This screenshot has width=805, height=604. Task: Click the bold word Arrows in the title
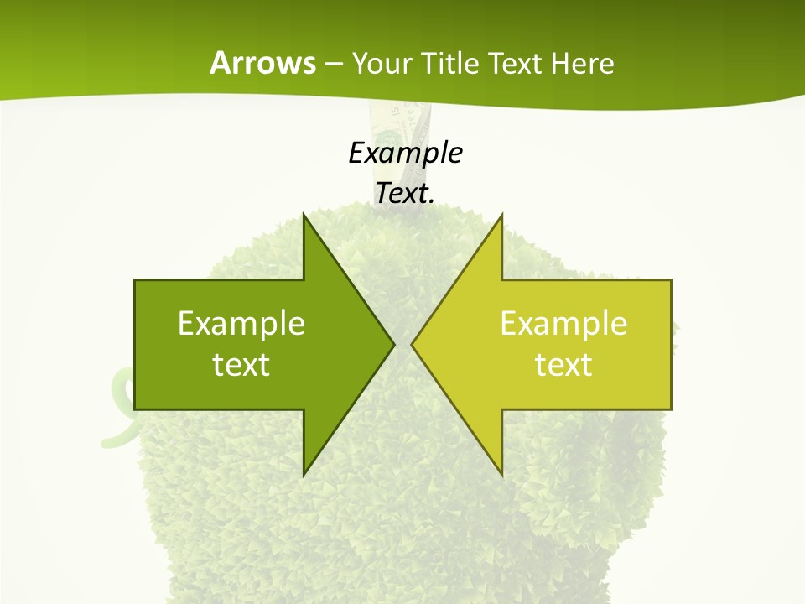(262, 63)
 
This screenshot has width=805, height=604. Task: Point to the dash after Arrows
(333, 64)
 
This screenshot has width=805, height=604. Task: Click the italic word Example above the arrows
(405, 153)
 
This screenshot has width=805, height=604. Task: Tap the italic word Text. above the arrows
(405, 193)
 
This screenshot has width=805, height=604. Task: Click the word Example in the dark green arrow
(241, 323)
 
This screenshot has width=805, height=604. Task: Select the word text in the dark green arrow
(241, 365)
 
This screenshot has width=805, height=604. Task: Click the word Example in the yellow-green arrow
(563, 323)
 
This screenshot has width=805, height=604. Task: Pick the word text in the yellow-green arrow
(563, 365)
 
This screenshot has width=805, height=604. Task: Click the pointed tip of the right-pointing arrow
(392, 344)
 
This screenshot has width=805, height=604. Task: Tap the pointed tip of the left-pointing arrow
(413, 344)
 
